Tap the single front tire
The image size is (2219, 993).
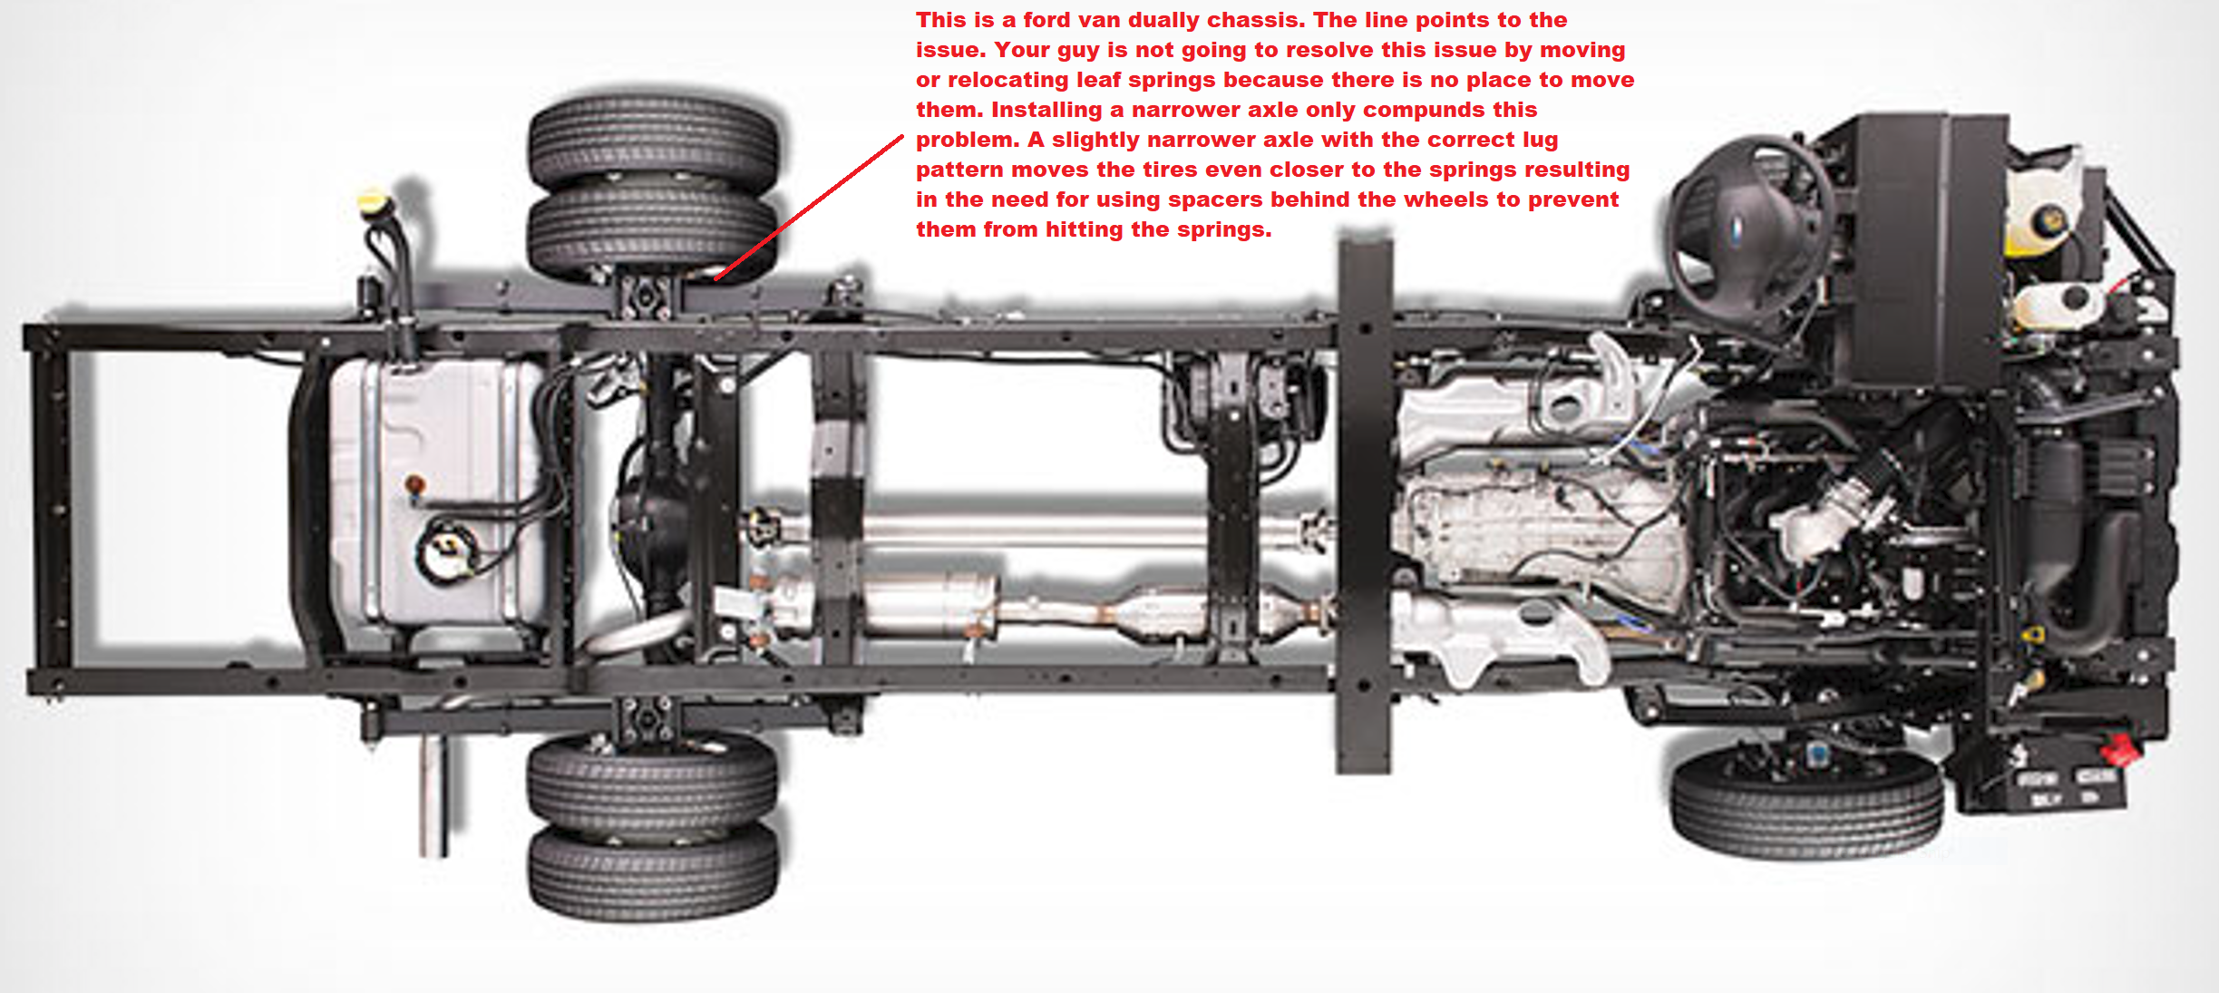pyautogui.click(x=1806, y=806)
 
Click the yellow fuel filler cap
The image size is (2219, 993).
pyautogui.click(x=372, y=201)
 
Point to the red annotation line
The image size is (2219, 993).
pyautogui.click(x=809, y=208)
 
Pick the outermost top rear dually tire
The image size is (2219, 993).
pyautogui.click(x=653, y=143)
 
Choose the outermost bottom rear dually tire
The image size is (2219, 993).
pyautogui.click(x=653, y=871)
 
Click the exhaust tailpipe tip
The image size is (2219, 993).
pyautogui.click(x=433, y=798)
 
